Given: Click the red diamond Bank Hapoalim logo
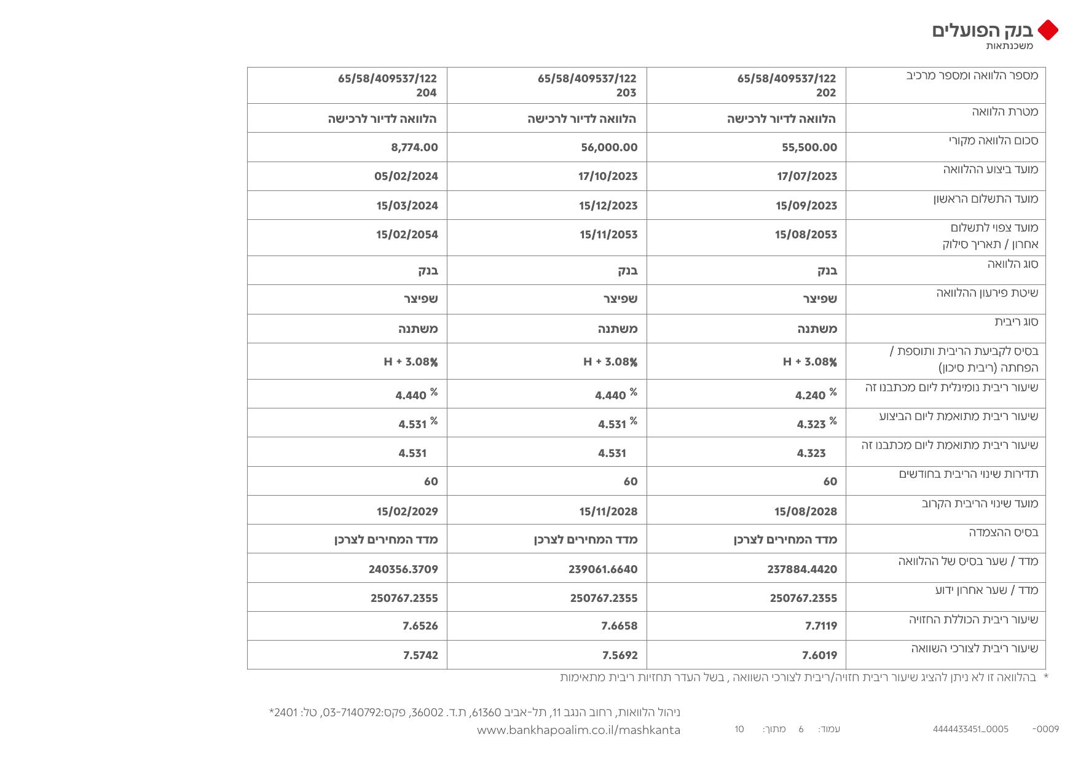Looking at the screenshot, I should (x=1048, y=30).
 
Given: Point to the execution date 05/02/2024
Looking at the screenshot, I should (x=406, y=176).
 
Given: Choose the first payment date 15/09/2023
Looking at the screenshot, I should (x=806, y=206).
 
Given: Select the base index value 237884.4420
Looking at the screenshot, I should (x=802, y=569).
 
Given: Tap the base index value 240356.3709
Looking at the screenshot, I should (x=403, y=569).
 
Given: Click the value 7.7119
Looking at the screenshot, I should (x=821, y=626).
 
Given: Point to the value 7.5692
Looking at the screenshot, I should (x=620, y=655).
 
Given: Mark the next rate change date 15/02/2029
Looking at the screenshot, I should (x=407, y=512).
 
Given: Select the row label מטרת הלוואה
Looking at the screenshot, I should (x=1005, y=112).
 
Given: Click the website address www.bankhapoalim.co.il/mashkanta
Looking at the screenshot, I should (x=578, y=730).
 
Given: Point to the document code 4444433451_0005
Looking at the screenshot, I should (x=970, y=729).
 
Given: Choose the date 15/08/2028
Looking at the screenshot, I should (x=806, y=512).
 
